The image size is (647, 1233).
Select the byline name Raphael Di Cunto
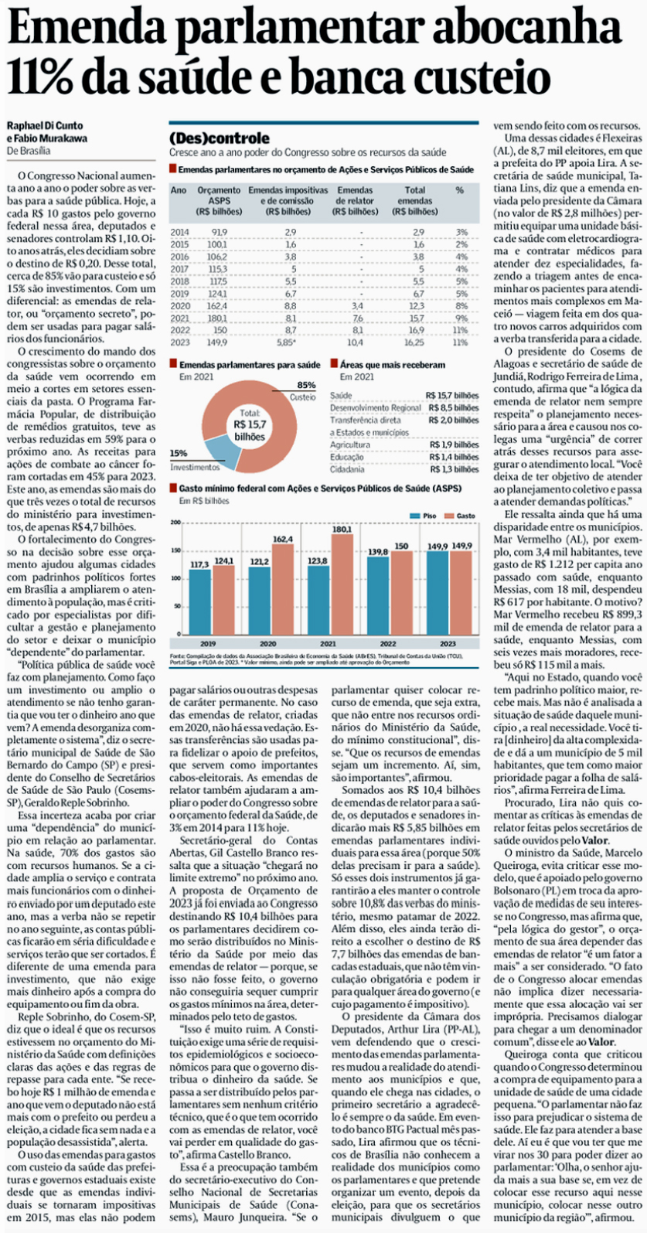click(45, 125)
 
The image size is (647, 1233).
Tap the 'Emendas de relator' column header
click(356, 200)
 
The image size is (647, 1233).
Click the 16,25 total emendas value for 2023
click(415, 342)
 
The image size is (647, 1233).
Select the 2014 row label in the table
click(179, 232)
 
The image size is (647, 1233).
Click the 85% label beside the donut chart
click(306, 385)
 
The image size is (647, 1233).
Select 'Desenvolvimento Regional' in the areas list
click(375, 407)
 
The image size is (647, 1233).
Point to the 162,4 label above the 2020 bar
click(283, 540)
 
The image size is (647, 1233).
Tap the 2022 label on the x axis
click(387, 643)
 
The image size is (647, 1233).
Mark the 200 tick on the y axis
click(175, 523)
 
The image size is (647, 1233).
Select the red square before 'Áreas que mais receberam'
click(333, 364)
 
